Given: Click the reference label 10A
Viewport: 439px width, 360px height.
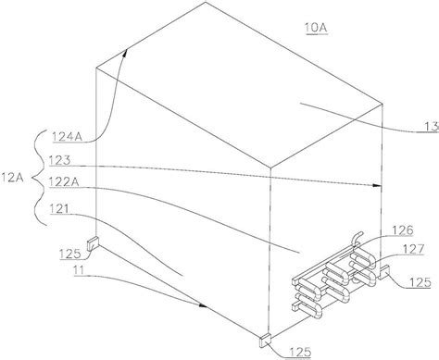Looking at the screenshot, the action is tap(316, 28).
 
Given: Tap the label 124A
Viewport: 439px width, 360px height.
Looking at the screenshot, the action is tap(68, 136).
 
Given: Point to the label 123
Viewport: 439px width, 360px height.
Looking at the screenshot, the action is tap(59, 160).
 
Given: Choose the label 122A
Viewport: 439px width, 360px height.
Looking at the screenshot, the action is tap(64, 182).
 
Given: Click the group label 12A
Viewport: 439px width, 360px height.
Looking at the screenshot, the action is tap(12, 178).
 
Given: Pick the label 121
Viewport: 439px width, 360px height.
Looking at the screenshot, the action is tap(59, 209).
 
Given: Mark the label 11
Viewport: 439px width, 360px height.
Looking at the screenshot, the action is tap(79, 270).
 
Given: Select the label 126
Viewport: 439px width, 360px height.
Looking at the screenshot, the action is tap(402, 230).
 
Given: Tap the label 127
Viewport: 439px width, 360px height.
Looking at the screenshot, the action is tap(413, 249).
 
